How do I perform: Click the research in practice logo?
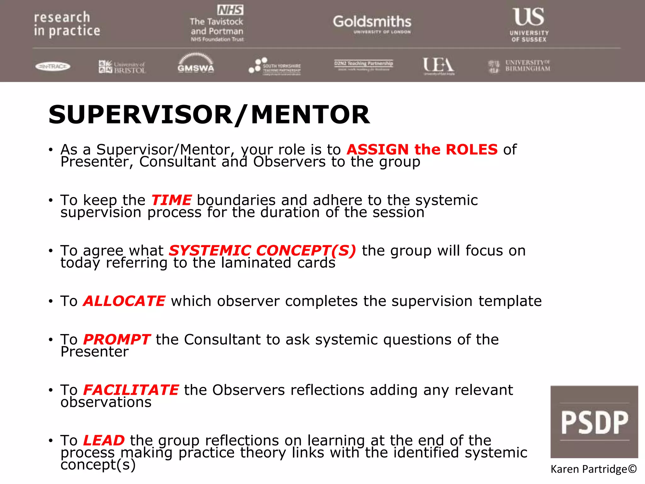(x=67, y=24)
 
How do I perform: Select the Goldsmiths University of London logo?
(x=372, y=24)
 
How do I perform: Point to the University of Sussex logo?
(x=529, y=25)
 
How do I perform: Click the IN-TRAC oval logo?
(x=53, y=66)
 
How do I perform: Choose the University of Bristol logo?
(x=122, y=67)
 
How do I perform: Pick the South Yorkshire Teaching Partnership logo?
(x=275, y=66)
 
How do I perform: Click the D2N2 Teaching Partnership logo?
(x=363, y=65)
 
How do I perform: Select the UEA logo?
(x=438, y=66)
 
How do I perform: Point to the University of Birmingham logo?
(x=519, y=66)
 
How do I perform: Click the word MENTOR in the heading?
(x=310, y=115)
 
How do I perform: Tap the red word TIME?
(x=171, y=200)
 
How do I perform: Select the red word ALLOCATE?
(x=124, y=301)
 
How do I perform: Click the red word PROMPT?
(x=117, y=339)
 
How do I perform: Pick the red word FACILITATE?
(x=131, y=390)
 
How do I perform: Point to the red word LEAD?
(x=104, y=440)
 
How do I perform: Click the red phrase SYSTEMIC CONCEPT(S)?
(x=262, y=251)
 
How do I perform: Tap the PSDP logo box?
(x=594, y=422)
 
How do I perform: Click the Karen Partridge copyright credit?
(x=594, y=469)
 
